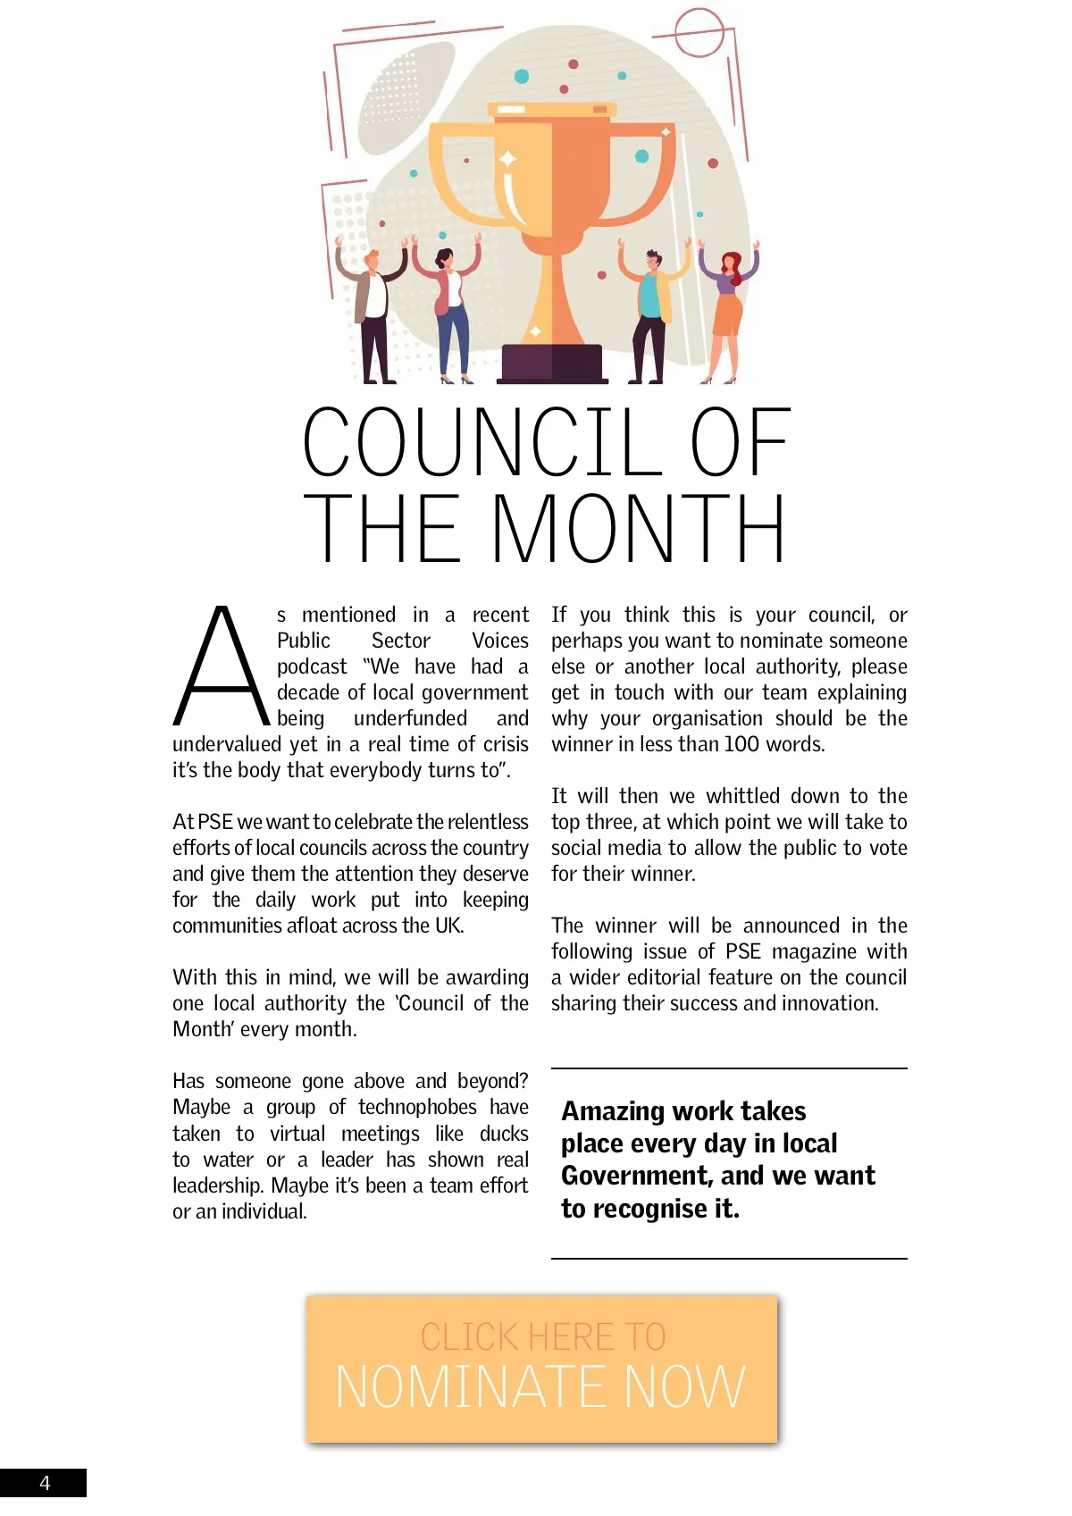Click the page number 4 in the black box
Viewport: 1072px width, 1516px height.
45,1483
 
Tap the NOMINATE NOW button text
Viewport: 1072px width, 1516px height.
540,1386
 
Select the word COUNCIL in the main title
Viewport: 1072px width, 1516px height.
482,443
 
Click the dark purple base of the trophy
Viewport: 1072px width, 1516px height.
551,364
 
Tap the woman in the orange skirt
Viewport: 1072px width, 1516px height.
728,308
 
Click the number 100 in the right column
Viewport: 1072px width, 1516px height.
741,744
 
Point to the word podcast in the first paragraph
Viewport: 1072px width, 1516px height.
312,667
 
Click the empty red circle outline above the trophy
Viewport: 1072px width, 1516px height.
699,32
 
